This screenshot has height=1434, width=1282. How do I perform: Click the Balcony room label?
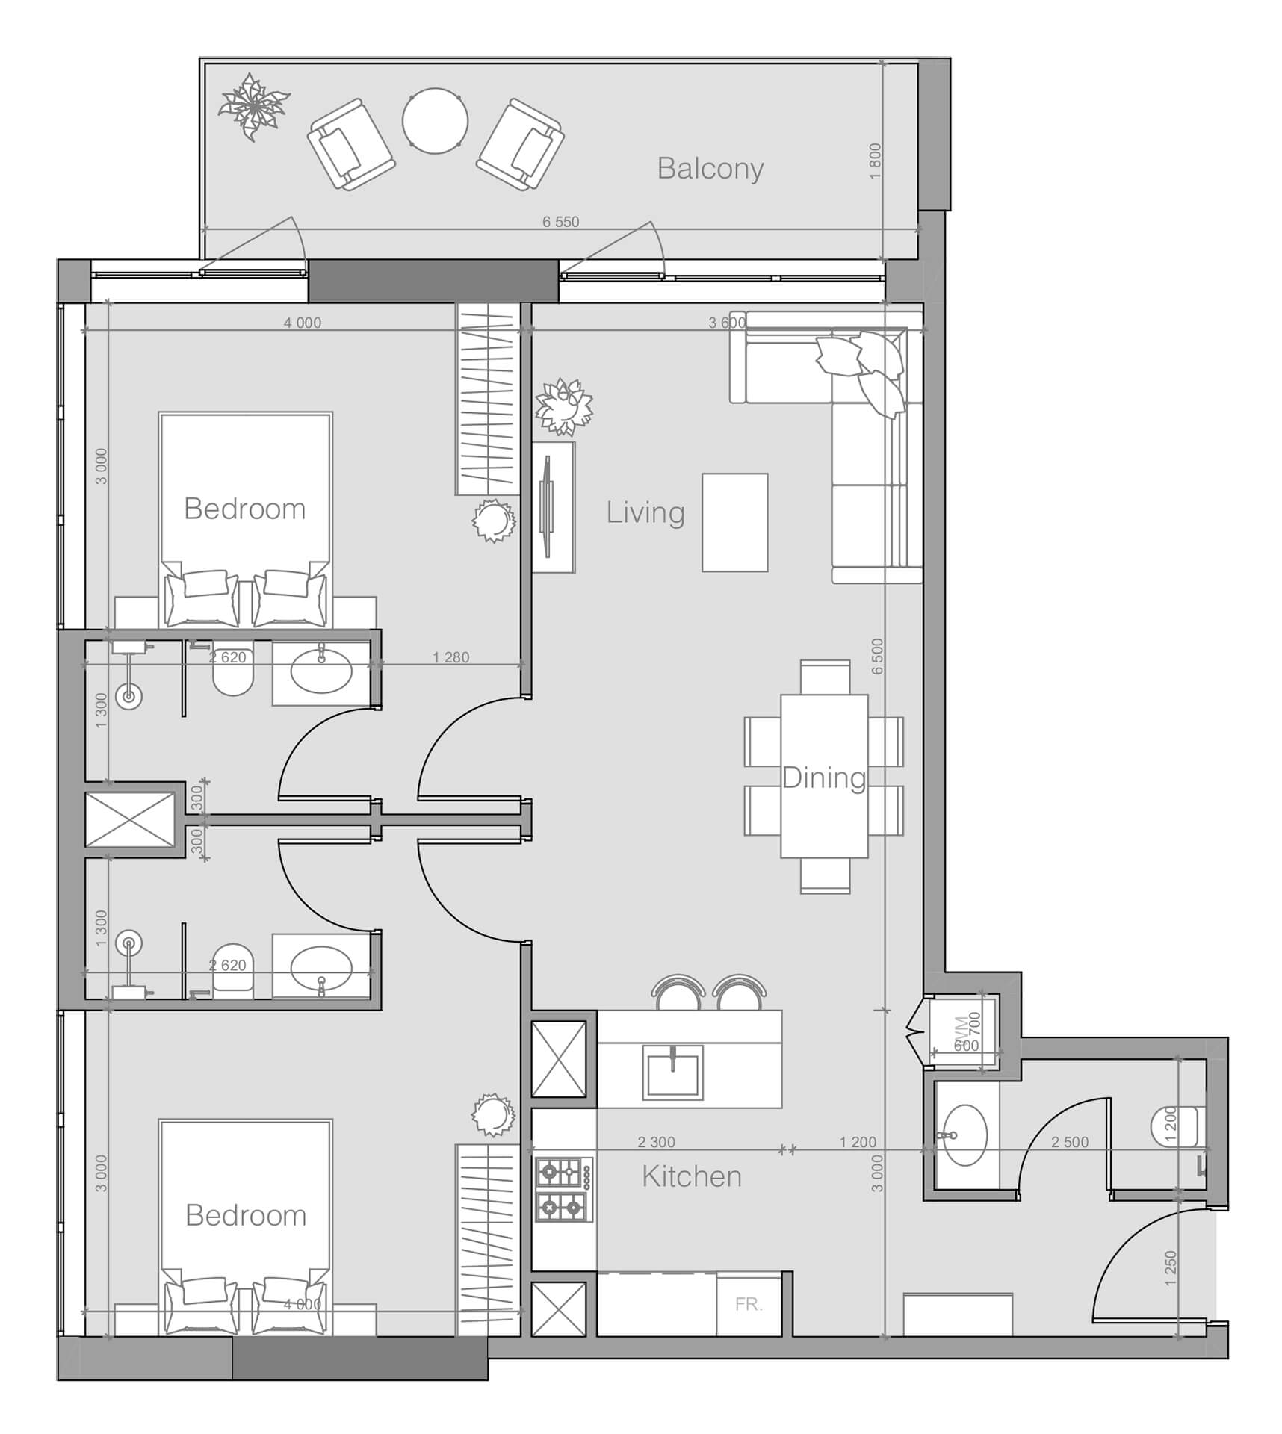[710, 169]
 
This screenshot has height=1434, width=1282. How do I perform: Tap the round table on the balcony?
[435, 121]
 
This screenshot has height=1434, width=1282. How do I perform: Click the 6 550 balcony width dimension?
[560, 222]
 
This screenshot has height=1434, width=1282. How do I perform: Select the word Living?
[645, 513]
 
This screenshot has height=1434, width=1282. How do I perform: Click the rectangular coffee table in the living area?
[734, 523]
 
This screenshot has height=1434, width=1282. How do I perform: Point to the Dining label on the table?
[823, 778]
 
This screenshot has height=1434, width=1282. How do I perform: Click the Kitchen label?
[692, 1176]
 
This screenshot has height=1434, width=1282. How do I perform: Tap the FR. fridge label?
[749, 1304]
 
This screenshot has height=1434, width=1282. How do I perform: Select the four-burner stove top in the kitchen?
[563, 1189]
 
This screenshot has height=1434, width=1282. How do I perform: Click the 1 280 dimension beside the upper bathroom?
[451, 657]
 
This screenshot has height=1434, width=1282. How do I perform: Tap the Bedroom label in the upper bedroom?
[245, 509]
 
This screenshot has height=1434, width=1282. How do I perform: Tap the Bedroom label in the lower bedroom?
[246, 1216]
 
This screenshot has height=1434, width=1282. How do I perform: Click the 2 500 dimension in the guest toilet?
[1070, 1142]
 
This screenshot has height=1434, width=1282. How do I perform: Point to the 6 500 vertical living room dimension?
[877, 656]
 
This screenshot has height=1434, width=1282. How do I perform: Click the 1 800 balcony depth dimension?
[876, 161]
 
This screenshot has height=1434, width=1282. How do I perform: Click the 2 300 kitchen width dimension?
[656, 1142]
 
